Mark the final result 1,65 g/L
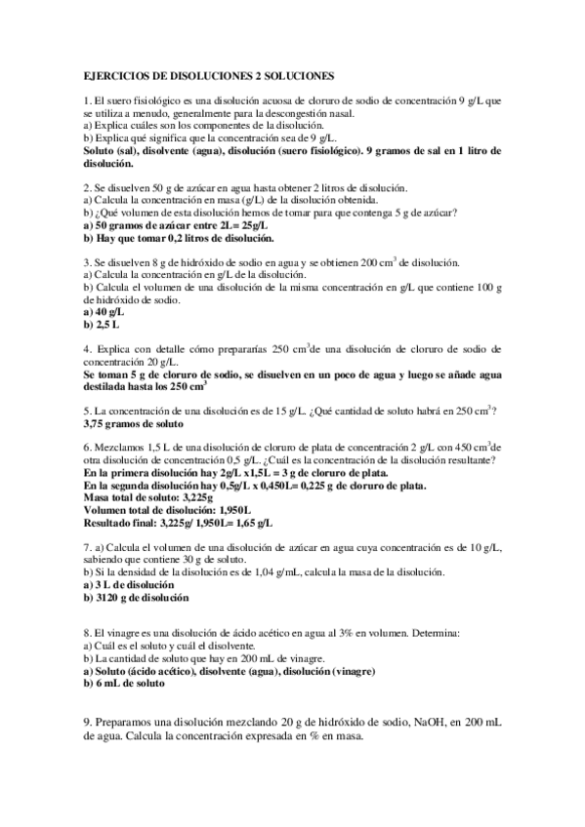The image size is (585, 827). click(x=253, y=523)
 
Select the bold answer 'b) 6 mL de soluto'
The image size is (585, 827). click(x=124, y=685)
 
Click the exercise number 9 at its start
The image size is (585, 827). click(x=88, y=723)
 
